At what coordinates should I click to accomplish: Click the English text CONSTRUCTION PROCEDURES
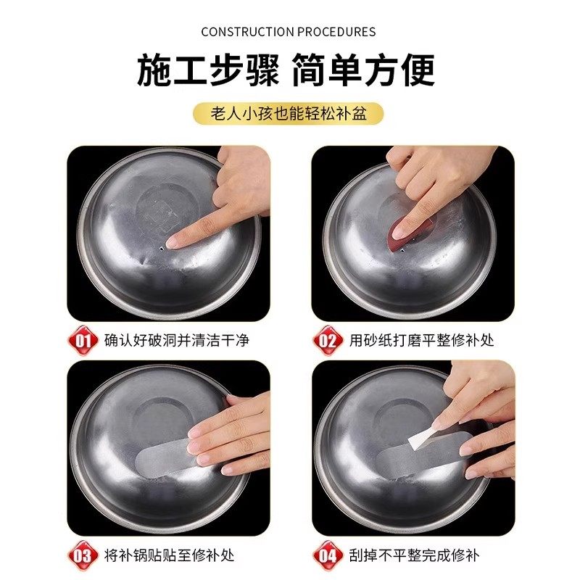point(289,32)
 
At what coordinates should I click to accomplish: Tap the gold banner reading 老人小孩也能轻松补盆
point(289,114)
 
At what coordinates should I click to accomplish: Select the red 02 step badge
point(328,339)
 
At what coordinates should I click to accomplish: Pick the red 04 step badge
point(328,555)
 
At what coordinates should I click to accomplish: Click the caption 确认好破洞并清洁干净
point(176,339)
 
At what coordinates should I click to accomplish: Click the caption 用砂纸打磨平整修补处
point(421,339)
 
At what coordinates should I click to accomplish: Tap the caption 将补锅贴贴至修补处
point(170,555)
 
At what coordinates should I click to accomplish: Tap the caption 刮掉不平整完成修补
point(415,555)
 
